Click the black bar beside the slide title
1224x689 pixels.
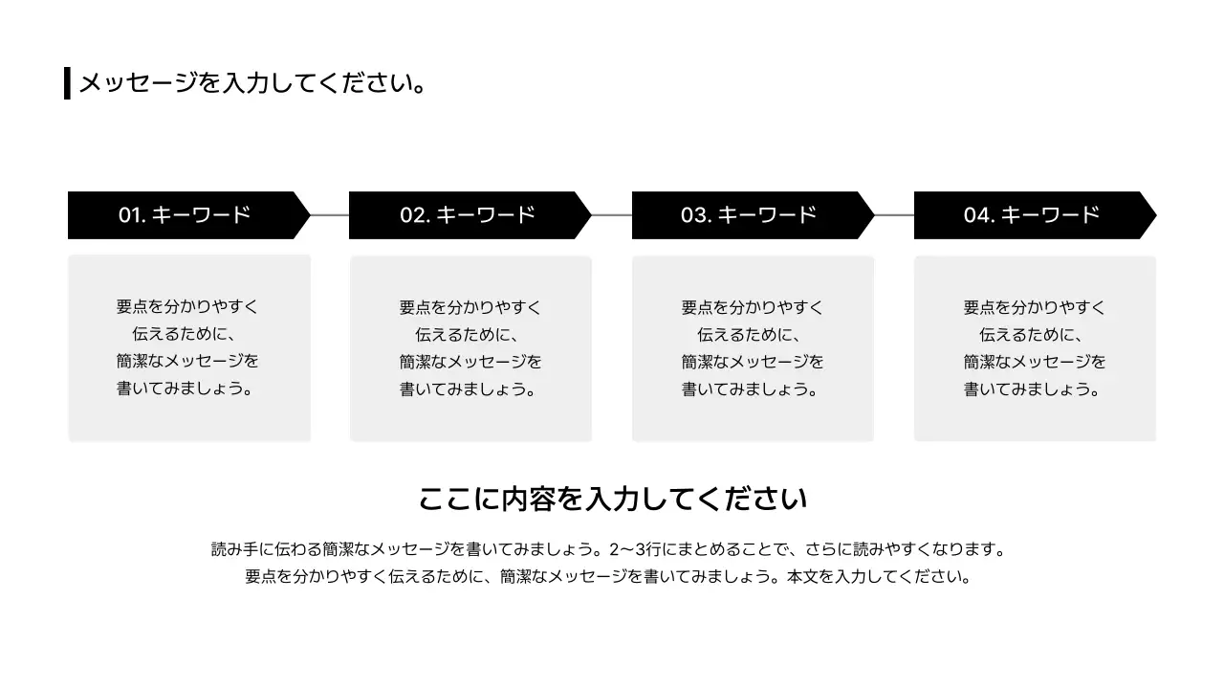(67, 83)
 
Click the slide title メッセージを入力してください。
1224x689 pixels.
(252, 83)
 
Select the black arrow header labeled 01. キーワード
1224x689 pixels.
(187, 215)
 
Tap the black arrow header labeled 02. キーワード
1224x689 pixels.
(469, 215)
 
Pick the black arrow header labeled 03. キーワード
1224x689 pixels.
(752, 215)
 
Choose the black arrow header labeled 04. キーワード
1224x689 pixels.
(1034, 215)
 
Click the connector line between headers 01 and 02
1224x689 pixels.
(330, 215)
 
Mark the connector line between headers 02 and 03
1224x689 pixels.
(612, 215)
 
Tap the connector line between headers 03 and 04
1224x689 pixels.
(894, 215)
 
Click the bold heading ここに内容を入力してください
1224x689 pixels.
(613, 499)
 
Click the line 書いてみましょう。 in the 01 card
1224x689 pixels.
(187, 389)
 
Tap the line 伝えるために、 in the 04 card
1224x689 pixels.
(1034, 335)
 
